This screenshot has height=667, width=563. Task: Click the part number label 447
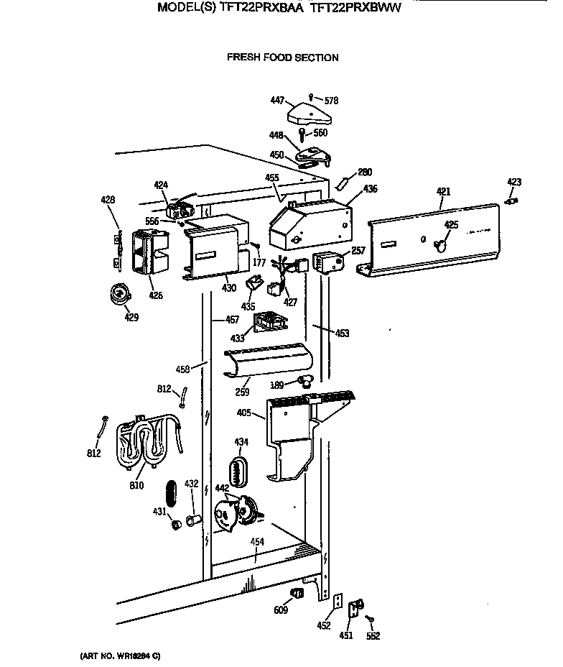[277, 101]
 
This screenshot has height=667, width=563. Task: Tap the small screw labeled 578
[310, 96]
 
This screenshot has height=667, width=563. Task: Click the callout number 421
[443, 191]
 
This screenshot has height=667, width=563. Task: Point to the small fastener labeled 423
[512, 202]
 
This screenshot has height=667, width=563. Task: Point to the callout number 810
[136, 485]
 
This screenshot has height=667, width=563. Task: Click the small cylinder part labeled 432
[192, 519]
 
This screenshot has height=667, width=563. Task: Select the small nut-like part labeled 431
[174, 523]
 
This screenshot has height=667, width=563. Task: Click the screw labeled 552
[368, 619]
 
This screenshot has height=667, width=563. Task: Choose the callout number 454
[256, 542]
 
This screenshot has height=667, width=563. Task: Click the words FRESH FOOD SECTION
[282, 57]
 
